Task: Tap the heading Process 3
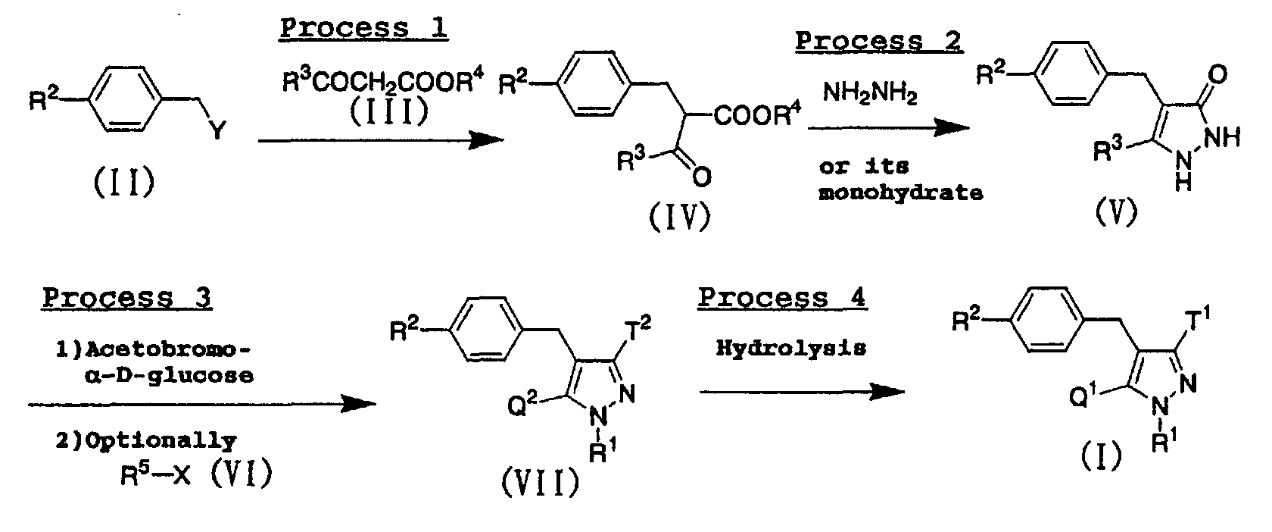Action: click(x=126, y=297)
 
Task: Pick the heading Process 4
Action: click(x=782, y=297)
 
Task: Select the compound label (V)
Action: click(x=1116, y=214)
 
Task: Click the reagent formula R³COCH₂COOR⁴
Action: click(x=382, y=83)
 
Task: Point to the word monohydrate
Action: click(x=900, y=193)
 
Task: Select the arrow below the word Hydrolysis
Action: click(x=802, y=391)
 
